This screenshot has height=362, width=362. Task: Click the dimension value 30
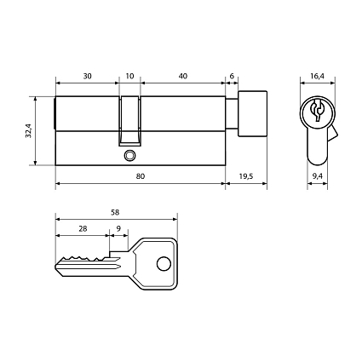pyautogui.click(x=88, y=76)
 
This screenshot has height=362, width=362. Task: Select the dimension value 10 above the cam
pyautogui.click(x=129, y=76)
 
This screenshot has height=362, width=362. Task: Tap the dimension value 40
pyautogui.click(x=183, y=76)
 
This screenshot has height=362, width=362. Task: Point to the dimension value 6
pyautogui.click(x=232, y=76)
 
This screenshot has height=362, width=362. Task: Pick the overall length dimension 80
pyautogui.click(x=141, y=175)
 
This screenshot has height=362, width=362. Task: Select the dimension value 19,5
pyautogui.click(x=246, y=175)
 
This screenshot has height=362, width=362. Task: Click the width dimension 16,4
pyautogui.click(x=317, y=76)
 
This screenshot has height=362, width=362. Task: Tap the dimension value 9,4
pyautogui.click(x=317, y=175)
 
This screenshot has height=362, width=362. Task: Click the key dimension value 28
pyautogui.click(x=82, y=229)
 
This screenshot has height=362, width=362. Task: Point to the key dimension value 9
pyautogui.click(x=118, y=229)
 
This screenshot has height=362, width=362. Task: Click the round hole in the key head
pyautogui.click(x=162, y=264)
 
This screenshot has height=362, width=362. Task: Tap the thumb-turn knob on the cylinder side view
pyautogui.click(x=253, y=114)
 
